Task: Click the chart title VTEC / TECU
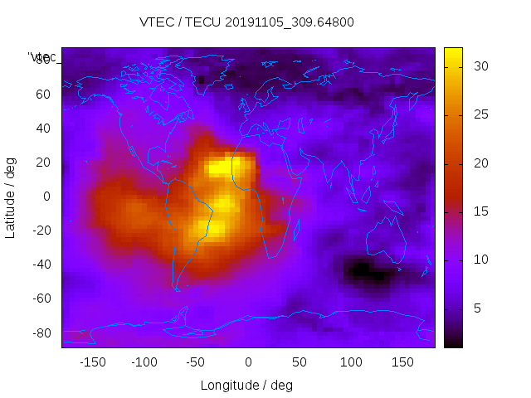(x=247, y=22)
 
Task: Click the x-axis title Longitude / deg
(x=246, y=385)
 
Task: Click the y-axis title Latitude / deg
(x=11, y=197)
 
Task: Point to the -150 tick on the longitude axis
(x=92, y=362)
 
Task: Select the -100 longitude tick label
(x=144, y=362)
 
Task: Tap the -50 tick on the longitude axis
(x=196, y=362)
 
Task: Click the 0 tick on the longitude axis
(x=248, y=362)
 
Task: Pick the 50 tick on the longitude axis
(x=300, y=362)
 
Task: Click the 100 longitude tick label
(x=351, y=362)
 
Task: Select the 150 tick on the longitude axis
(x=403, y=362)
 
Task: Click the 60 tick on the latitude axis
(x=43, y=94)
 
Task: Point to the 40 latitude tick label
(x=43, y=128)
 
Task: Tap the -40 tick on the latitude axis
(x=41, y=265)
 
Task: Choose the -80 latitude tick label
(x=41, y=332)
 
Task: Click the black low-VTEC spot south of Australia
(x=363, y=269)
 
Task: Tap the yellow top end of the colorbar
(x=453, y=53)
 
